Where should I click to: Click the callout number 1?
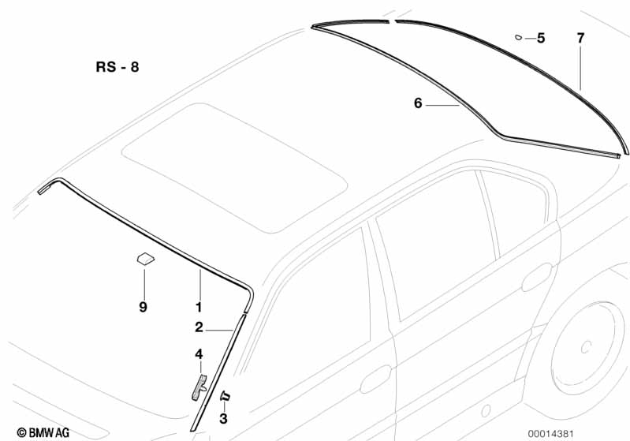click(x=199, y=307)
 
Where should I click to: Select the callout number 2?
click(x=199, y=327)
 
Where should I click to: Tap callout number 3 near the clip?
click(x=223, y=418)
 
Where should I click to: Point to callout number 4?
click(x=199, y=354)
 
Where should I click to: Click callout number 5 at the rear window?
click(x=541, y=38)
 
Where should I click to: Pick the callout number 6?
click(x=418, y=103)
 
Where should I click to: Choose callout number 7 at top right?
click(x=580, y=38)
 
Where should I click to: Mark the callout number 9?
click(x=143, y=307)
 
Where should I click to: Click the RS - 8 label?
click(x=117, y=67)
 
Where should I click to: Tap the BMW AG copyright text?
click(x=43, y=432)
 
